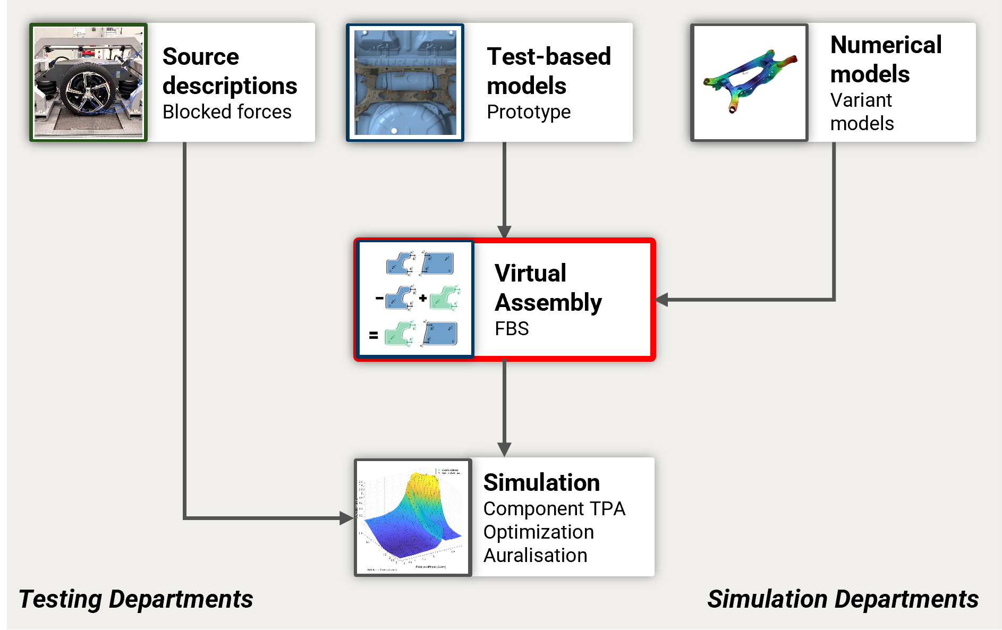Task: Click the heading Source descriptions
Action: click(230, 71)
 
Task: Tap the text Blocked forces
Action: click(227, 112)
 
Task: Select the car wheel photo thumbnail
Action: click(89, 82)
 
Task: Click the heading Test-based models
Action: click(548, 71)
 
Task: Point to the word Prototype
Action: click(529, 112)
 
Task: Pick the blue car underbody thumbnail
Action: click(405, 82)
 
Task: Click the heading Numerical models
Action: click(886, 59)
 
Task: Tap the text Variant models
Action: click(862, 112)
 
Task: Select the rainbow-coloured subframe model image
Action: click(749, 82)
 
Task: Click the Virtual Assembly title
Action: click(548, 287)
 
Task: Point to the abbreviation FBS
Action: click(512, 329)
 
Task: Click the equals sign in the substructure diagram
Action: click(373, 335)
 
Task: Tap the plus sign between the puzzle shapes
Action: click(423, 298)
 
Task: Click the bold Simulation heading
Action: click(541, 482)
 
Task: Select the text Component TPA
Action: click(554, 509)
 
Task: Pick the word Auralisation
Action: click(535, 556)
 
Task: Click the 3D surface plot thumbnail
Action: click(413, 517)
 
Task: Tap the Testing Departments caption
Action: click(136, 599)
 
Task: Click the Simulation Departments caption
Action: click(843, 599)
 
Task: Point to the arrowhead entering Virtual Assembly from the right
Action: click(662, 300)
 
